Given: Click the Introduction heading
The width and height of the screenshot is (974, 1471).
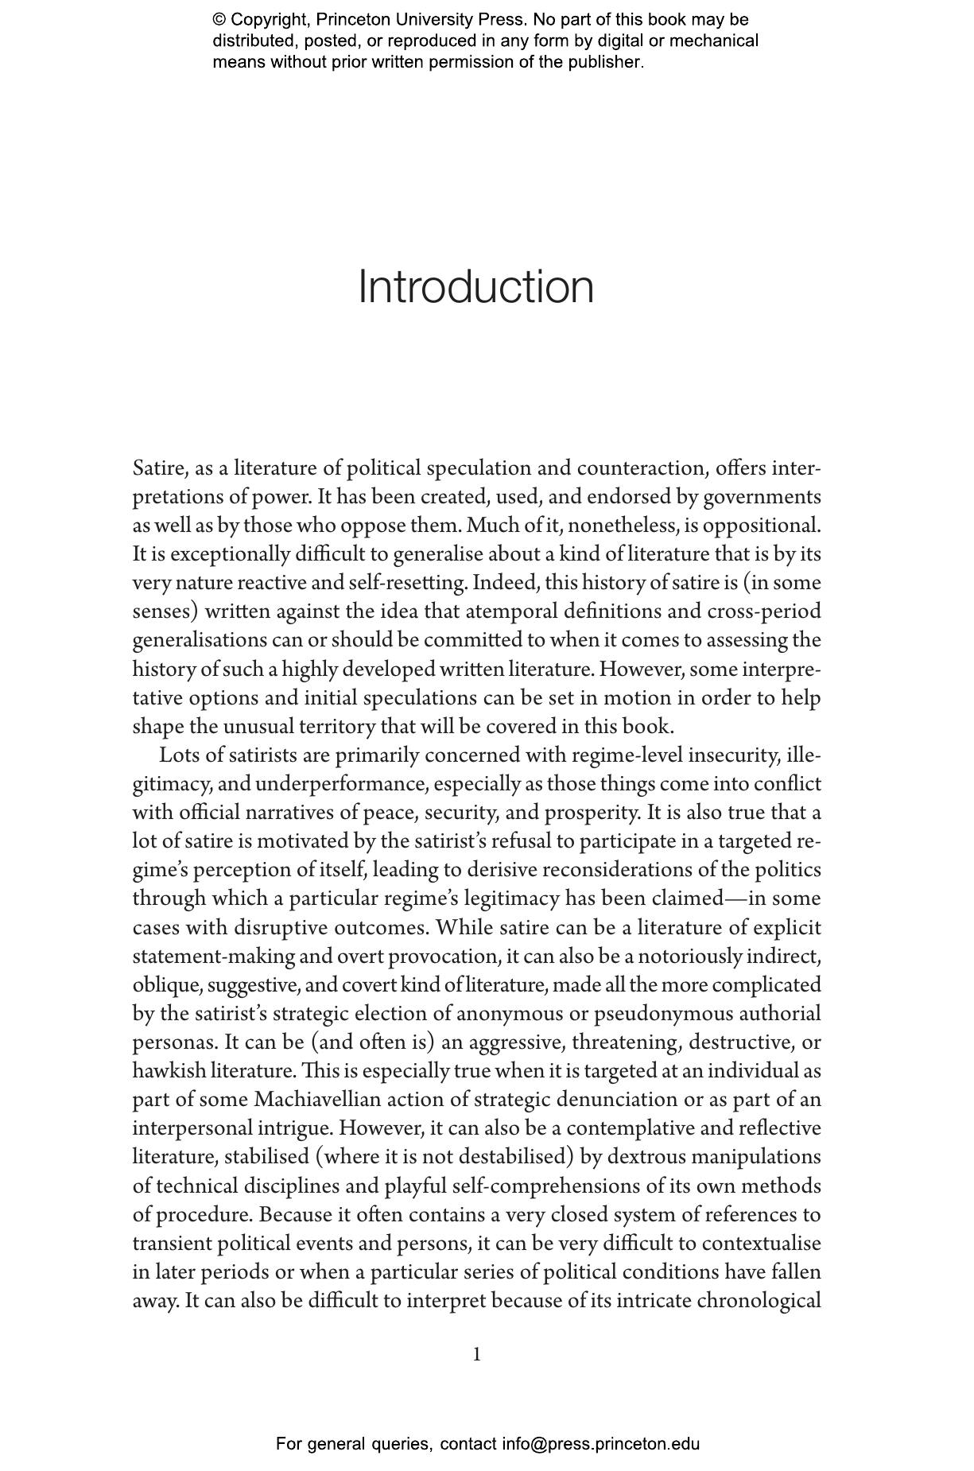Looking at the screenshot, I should click(x=475, y=286).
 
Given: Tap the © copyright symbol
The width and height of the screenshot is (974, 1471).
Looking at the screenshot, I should click(x=219, y=20).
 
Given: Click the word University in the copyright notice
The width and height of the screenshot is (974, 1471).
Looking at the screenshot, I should click(x=419, y=20).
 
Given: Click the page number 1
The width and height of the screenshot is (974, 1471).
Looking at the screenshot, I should click(x=477, y=1354).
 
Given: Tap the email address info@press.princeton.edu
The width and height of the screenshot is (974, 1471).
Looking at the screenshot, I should click(x=600, y=1443).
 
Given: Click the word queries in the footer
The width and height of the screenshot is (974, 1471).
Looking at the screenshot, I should click(x=402, y=1444).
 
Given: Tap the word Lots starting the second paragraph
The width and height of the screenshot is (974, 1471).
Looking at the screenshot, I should click(x=177, y=755).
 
